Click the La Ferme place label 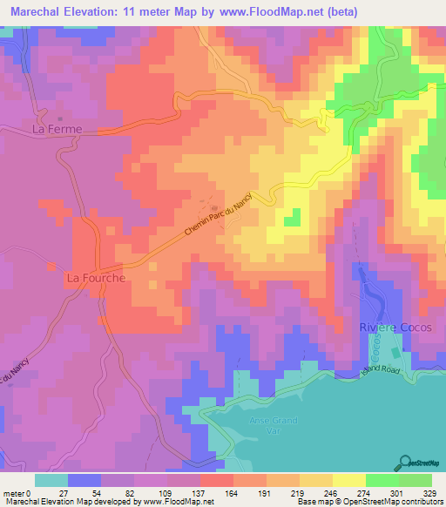point(57,129)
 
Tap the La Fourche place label point(96,279)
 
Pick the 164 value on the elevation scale point(229,493)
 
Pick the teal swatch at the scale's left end point(51,480)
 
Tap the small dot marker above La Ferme point(60,118)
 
